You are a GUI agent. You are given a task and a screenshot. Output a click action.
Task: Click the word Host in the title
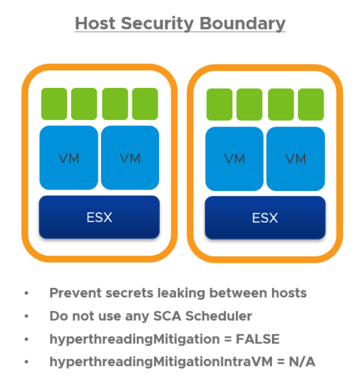[96, 23]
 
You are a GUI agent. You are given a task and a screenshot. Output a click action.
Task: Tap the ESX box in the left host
[99, 217]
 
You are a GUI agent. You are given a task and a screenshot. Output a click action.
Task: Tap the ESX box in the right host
[265, 217]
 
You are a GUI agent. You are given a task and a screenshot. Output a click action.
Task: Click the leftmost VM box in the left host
[68, 158]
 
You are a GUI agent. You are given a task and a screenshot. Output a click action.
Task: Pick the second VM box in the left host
[130, 158]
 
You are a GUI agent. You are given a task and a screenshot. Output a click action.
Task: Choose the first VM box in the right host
[235, 158]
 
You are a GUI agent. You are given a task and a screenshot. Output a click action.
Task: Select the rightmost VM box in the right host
[295, 158]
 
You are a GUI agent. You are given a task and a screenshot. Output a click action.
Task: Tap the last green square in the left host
[145, 104]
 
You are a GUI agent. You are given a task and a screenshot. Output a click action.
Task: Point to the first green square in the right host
[220, 104]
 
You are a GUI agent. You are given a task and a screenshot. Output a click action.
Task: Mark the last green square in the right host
[310, 104]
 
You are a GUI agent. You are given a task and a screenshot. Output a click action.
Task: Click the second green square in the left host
[84, 104]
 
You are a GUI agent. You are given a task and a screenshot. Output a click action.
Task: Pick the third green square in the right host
[280, 104]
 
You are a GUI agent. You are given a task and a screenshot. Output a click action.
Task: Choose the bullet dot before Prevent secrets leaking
[27, 294]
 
